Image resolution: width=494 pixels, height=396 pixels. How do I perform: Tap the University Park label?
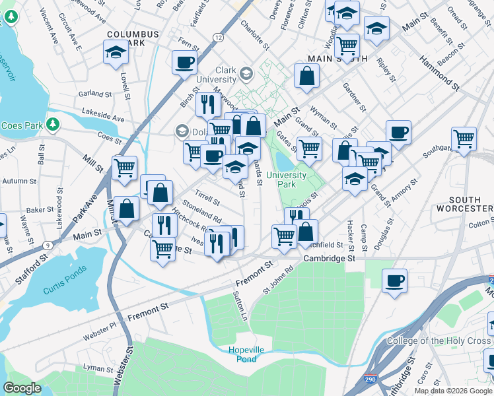coord(290,180)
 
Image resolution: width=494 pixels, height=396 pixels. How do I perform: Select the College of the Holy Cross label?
coord(439,341)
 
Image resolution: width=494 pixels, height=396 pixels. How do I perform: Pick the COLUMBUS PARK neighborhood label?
coord(133,38)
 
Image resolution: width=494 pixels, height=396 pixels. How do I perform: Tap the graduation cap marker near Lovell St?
coord(116,52)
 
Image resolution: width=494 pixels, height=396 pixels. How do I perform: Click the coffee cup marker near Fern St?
coord(184,63)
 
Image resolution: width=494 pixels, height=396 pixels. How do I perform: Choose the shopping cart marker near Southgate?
coord(464,138)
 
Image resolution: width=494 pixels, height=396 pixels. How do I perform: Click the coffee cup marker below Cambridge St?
coord(394,280)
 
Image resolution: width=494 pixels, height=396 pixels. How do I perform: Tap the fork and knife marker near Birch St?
coord(207,104)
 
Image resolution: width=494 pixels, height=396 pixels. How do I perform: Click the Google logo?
coord(22,388)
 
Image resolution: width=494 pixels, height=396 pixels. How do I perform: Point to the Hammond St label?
coord(437,72)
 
